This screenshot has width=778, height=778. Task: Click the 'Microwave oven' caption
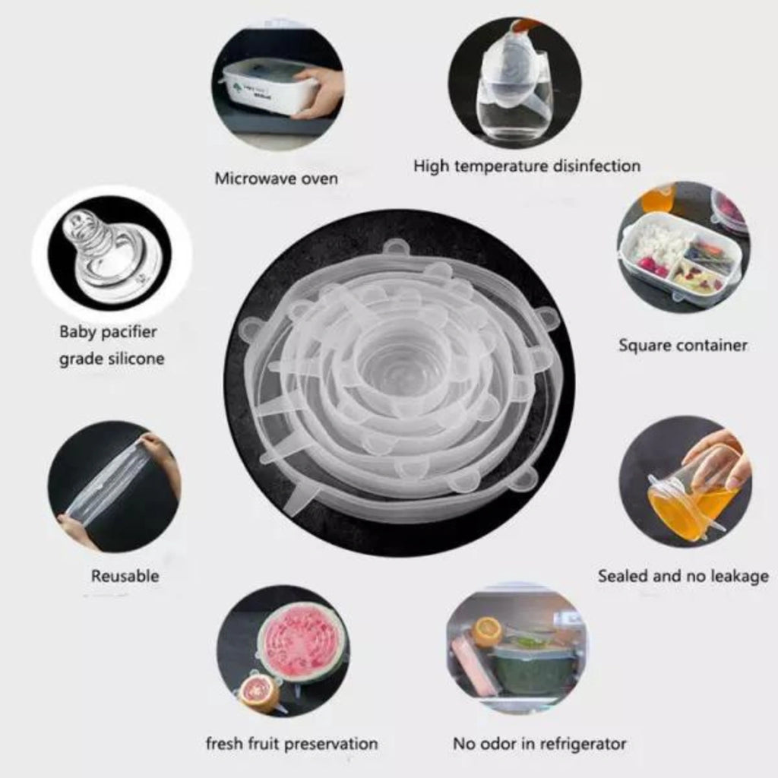pos(276,178)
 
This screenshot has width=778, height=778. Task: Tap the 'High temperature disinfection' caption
pos(527,166)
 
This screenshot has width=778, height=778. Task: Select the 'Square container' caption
pos(683,346)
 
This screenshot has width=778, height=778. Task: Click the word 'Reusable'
pos(125,576)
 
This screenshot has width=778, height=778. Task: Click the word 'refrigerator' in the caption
pos(583,744)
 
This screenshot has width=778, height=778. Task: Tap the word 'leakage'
pos(739,577)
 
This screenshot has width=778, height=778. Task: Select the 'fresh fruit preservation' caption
pos(292,744)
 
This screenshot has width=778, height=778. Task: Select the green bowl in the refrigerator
pos(530,671)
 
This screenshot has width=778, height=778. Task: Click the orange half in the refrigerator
pos(488,630)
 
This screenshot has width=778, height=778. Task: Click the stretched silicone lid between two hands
pos(112,483)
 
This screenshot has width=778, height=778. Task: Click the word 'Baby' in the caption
pos(78,332)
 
